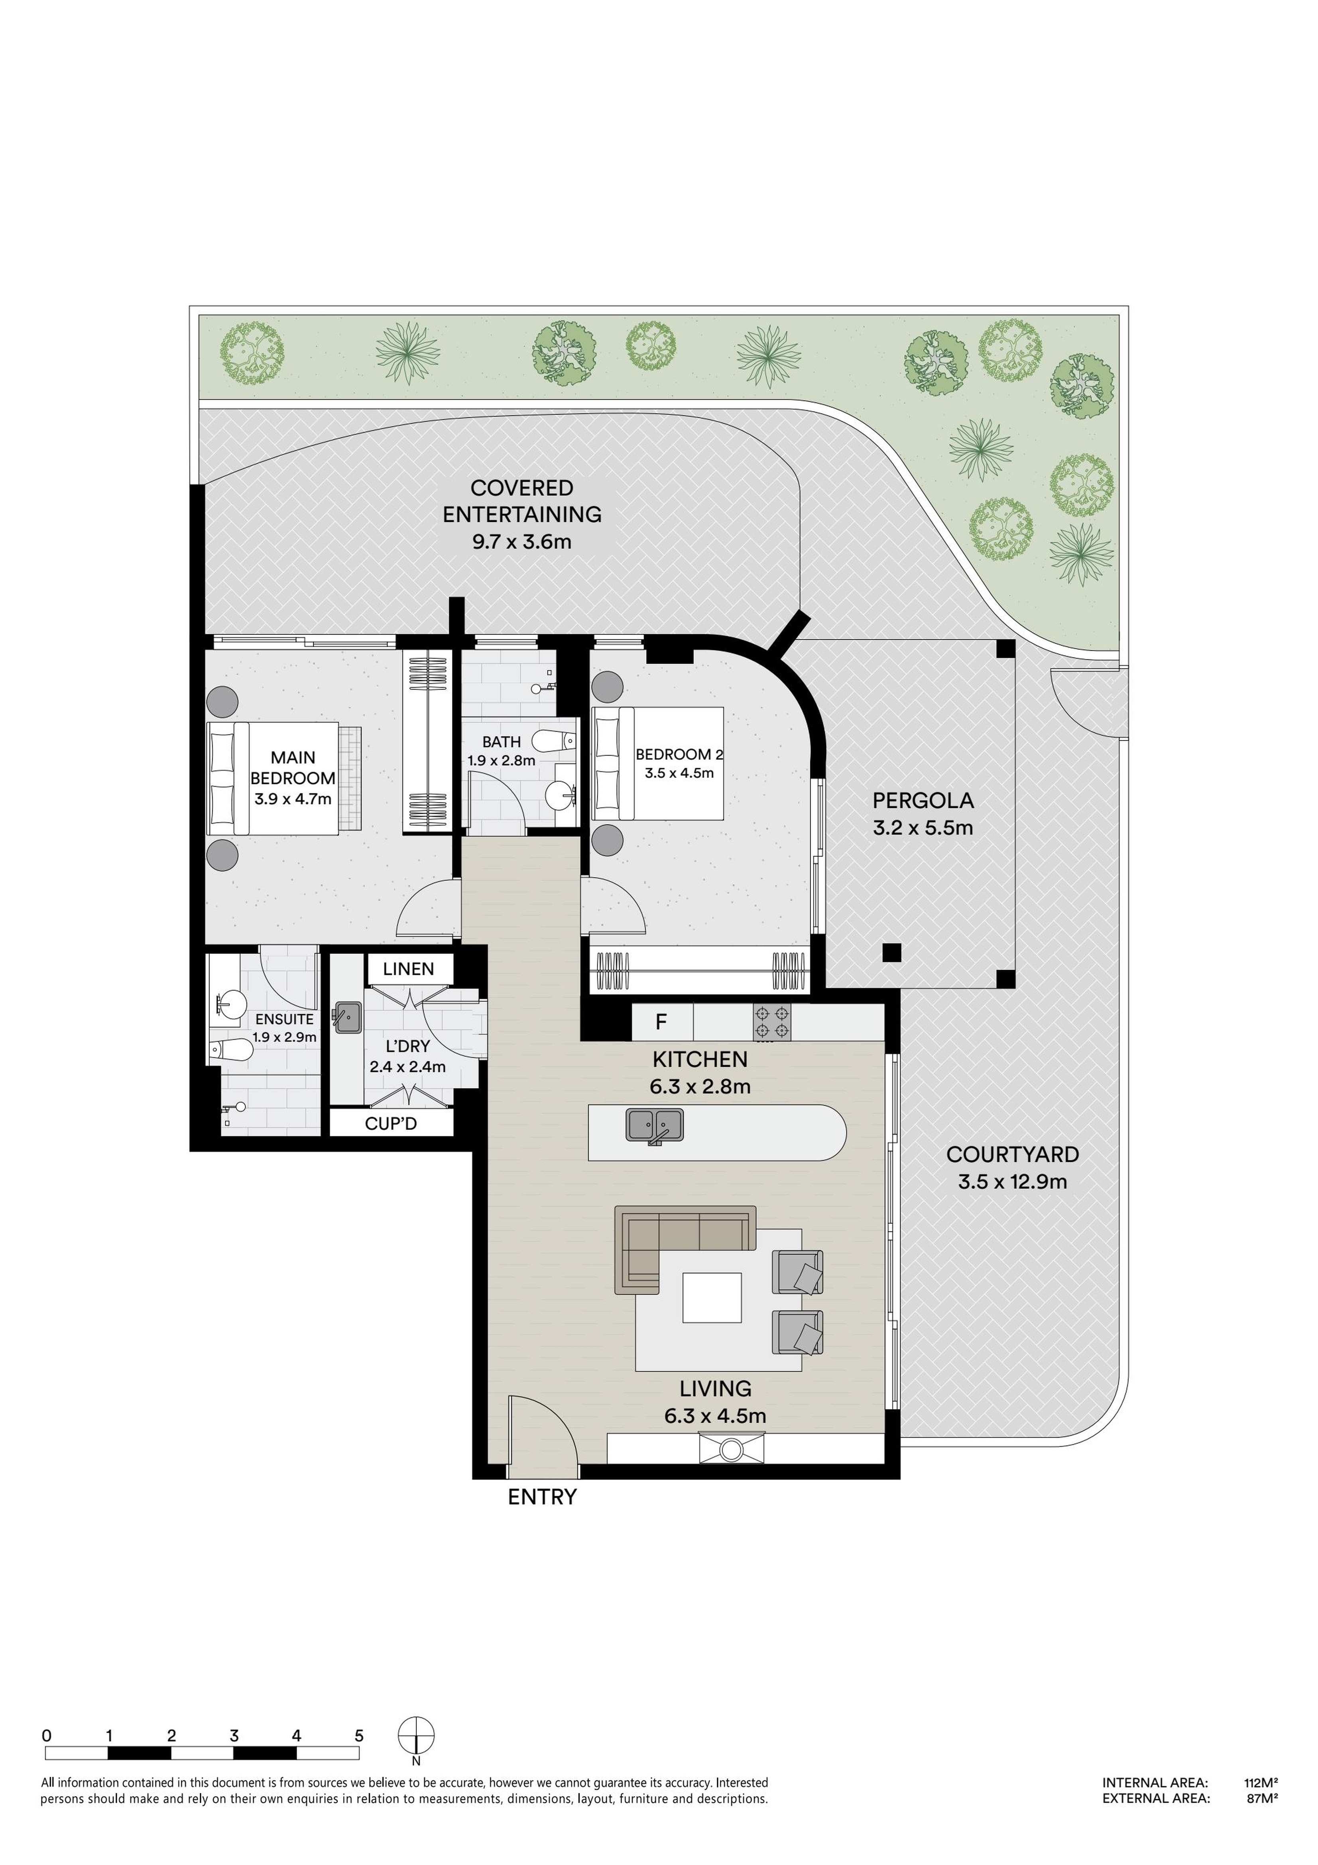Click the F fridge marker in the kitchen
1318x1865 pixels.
click(661, 1022)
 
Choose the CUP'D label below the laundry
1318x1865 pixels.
click(391, 1123)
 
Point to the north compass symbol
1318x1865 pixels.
click(416, 1737)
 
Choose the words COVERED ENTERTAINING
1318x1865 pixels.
click(522, 501)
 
